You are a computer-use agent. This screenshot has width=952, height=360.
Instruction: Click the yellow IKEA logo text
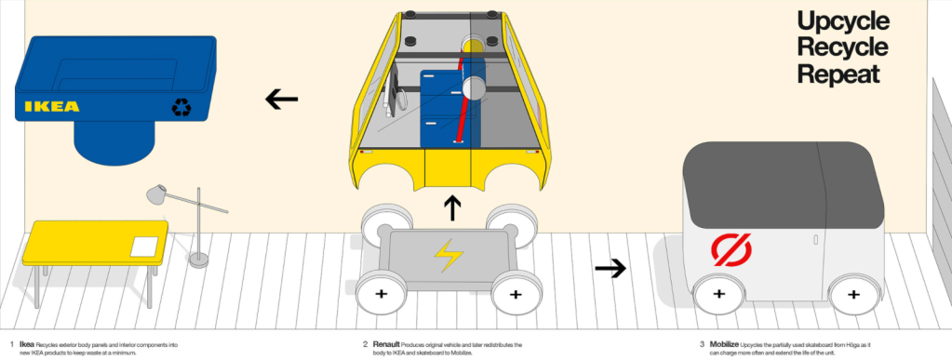coord(52,106)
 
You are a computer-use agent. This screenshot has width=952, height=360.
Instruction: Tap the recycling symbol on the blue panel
coord(181,108)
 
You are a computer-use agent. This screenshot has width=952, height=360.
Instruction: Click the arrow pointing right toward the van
coord(610,269)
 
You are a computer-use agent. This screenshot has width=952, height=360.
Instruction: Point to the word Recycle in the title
coord(842,48)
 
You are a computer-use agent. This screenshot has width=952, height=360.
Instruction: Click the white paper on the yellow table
coord(145,247)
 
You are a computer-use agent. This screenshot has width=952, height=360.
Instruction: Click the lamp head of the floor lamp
coord(157,193)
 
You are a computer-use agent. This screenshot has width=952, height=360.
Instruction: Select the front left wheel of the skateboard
coord(382,294)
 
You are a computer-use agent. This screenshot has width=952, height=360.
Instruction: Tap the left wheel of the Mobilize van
coord(718,294)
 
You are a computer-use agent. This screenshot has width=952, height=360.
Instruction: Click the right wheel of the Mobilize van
coord(850,295)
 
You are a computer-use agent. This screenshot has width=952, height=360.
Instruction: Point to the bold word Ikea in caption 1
coord(26,344)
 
